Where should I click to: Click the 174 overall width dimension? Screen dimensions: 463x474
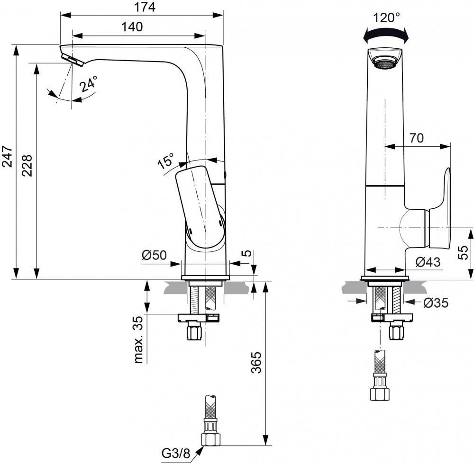coord(142,7)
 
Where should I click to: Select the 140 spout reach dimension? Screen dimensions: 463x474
coord(132,27)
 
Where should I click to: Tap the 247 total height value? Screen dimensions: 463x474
coord(7,156)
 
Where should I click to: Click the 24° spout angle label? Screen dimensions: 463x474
coord(89,84)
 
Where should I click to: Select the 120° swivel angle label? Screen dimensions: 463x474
coord(386,18)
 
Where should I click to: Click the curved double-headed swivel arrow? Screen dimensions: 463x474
coord(385,35)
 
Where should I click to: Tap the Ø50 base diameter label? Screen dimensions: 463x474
coord(154,255)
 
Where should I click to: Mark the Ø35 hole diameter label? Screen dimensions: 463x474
coord(436,303)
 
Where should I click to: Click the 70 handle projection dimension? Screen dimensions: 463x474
coord(416,138)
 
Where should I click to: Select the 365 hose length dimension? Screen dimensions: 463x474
coord(256,362)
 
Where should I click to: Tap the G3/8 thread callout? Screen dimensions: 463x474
coord(175,453)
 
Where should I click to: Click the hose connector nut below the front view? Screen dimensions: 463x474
coord(379,393)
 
